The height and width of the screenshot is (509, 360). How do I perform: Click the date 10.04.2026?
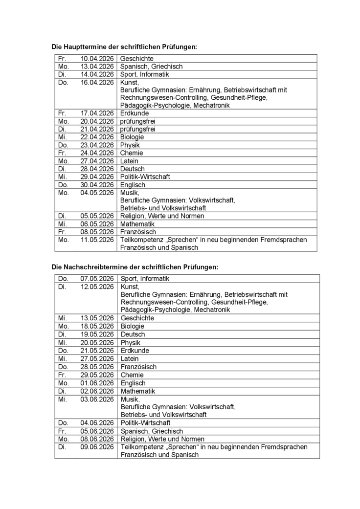click(97, 59)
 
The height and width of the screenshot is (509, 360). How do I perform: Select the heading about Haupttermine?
click(124, 47)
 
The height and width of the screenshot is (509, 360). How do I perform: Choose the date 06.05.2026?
click(97, 224)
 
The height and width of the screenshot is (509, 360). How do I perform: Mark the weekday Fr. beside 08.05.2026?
click(62, 232)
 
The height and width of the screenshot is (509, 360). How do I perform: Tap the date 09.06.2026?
click(97, 447)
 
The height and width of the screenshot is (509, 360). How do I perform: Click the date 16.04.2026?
click(97, 83)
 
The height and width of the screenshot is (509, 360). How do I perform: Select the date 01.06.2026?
click(97, 383)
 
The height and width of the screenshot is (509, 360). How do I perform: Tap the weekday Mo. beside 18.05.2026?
click(63, 326)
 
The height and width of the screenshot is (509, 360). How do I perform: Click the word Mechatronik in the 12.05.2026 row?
click(212, 310)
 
